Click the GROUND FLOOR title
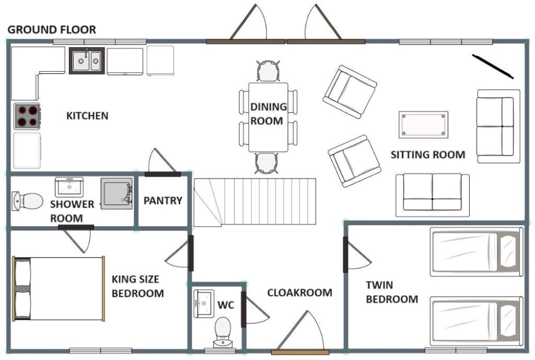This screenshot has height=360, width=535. coord(52,30)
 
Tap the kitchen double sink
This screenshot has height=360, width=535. coord(87,61)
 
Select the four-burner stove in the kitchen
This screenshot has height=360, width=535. coord(27,116)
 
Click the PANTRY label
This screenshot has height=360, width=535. coord(163,200)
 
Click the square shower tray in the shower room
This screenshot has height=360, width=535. coord(117,193)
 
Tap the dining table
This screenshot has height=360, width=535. coord(268,117)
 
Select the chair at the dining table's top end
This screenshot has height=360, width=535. coord(268,71)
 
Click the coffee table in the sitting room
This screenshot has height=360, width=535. coord(423,124)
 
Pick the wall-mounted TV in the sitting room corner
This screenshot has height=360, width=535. coord(493,66)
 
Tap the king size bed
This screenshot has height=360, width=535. coord(59,289)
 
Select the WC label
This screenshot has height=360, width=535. coord(226,305)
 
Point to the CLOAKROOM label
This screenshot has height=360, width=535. coord(299,293)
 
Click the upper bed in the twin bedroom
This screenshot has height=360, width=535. coord(476,252)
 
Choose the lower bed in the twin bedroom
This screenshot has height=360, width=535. coord(476,321)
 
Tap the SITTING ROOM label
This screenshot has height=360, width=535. coord(428,155)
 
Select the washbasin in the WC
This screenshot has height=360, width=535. coord(204,304)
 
